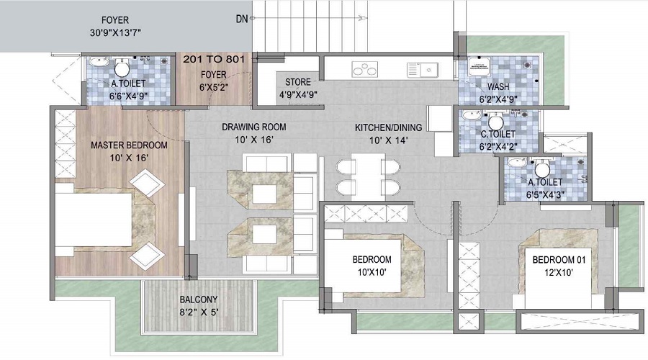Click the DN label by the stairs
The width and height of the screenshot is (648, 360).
point(242,19)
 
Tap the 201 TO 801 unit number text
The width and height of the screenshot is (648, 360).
point(214,59)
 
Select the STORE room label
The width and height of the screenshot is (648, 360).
point(297,82)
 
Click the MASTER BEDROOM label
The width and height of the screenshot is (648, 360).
point(129,145)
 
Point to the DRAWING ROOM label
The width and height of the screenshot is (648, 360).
point(253,127)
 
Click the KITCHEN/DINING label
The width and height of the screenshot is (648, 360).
point(388,127)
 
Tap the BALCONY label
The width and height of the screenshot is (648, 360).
point(199,300)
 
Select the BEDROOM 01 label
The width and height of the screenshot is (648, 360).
point(559,260)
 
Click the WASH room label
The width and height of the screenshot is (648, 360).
point(498,87)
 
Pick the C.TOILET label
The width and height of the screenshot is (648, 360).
point(498,134)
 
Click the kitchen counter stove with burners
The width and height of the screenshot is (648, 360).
point(364,69)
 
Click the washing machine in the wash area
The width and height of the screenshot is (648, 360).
point(479,66)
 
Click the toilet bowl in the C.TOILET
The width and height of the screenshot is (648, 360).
point(495,122)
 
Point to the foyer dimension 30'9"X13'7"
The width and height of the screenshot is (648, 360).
point(115,32)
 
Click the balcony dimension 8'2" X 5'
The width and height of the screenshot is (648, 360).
point(199,312)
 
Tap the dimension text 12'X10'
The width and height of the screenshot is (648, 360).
point(559,272)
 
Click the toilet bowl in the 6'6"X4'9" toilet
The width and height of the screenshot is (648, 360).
point(122,68)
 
